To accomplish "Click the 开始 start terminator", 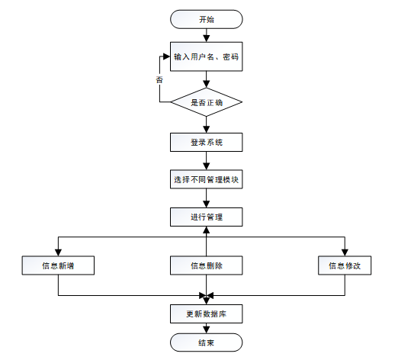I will [206, 19].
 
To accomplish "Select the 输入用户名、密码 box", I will [206, 57].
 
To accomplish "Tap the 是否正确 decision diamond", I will [206, 101].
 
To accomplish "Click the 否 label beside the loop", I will [159, 79].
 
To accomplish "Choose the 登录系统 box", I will [206, 143].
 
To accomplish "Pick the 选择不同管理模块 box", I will [206, 180].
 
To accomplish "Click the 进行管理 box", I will [206, 217].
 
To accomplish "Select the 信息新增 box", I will [58, 265].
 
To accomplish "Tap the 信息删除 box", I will [206, 265].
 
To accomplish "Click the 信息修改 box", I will [344, 265].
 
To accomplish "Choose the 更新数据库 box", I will [206, 313].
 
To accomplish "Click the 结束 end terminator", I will [206, 342].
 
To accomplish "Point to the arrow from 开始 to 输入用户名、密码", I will [206, 35].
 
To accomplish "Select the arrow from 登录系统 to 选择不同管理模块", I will [206, 162].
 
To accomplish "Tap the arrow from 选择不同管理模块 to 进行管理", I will [206, 199].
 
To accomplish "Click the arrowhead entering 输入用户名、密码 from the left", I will [165, 57].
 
